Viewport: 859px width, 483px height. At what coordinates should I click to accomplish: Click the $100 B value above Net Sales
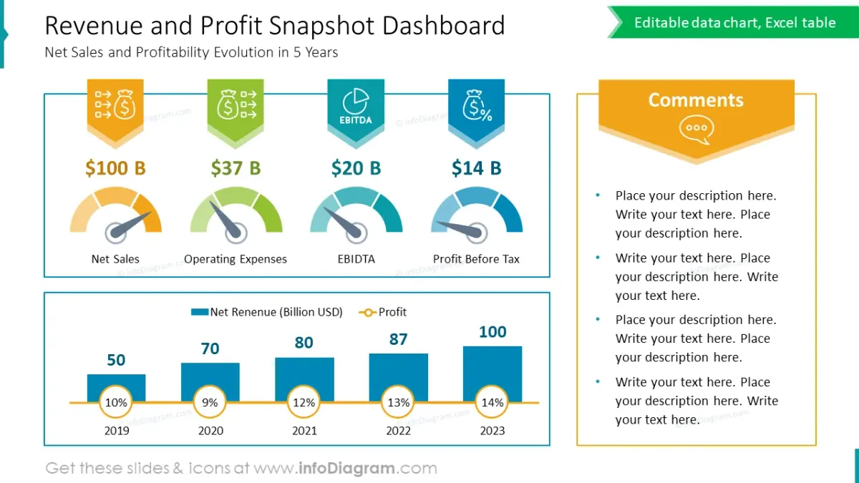pyautogui.click(x=115, y=168)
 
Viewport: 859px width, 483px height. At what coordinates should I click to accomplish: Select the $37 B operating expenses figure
pyautogui.click(x=236, y=168)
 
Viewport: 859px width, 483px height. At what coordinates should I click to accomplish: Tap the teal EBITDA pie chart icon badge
pyautogui.click(x=356, y=107)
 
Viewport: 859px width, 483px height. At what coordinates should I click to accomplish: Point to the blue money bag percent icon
pyautogui.click(x=476, y=106)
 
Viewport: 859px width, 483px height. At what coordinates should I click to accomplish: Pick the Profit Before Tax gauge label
pyautogui.click(x=476, y=259)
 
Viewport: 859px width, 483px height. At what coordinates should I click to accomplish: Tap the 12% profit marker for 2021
pyautogui.click(x=304, y=403)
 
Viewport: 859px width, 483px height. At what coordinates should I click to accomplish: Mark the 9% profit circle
pyautogui.click(x=210, y=403)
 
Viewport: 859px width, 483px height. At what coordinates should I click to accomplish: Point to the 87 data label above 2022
pyautogui.click(x=398, y=339)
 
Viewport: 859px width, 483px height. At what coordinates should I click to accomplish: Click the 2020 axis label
pyautogui.click(x=210, y=431)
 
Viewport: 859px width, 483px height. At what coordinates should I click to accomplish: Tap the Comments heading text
pyautogui.click(x=696, y=100)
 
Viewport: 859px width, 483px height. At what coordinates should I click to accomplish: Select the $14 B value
pyautogui.click(x=476, y=168)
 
